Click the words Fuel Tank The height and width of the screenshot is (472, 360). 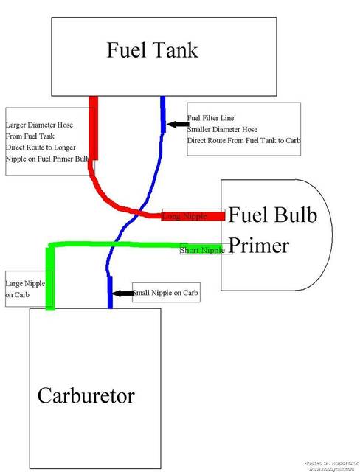tap(152, 50)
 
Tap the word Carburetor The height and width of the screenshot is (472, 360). tap(86, 396)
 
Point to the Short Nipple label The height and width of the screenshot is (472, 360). tap(203, 250)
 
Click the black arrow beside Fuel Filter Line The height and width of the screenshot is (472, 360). tap(176, 125)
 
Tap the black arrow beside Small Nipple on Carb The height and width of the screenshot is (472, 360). tap(122, 293)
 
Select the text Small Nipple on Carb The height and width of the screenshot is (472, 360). tap(165, 293)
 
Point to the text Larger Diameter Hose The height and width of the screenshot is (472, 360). tap(40, 125)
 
